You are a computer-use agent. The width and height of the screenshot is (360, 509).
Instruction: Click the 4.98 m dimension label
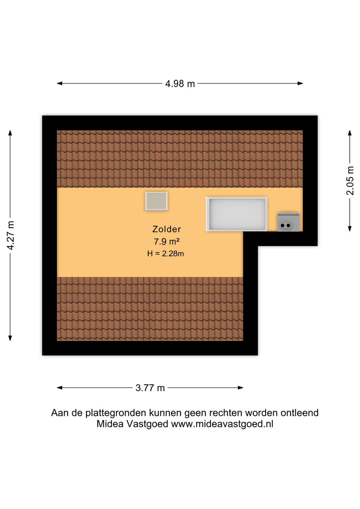click(180, 84)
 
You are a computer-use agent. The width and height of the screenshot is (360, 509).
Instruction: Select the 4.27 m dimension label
click(11, 235)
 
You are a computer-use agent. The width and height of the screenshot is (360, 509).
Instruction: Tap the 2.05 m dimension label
click(350, 181)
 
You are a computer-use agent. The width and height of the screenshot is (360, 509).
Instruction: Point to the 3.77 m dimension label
click(150, 388)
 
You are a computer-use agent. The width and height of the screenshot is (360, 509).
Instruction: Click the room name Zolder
click(166, 229)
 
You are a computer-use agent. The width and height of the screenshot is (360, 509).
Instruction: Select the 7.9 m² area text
click(167, 242)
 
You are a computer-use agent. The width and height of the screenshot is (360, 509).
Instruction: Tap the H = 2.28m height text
click(165, 254)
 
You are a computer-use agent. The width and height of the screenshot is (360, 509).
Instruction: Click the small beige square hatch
click(156, 201)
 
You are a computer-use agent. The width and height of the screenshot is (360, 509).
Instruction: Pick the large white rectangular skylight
click(236, 214)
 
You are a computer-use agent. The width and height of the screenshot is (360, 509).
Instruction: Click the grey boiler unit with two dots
click(288, 222)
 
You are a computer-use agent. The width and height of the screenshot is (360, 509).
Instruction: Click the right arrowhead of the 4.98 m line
click(300, 84)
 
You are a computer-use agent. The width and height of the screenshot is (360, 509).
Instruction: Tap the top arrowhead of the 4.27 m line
click(10, 133)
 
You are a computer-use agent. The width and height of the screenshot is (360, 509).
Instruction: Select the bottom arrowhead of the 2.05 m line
click(350, 229)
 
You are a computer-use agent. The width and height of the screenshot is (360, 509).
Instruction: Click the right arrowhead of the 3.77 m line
click(240, 388)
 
